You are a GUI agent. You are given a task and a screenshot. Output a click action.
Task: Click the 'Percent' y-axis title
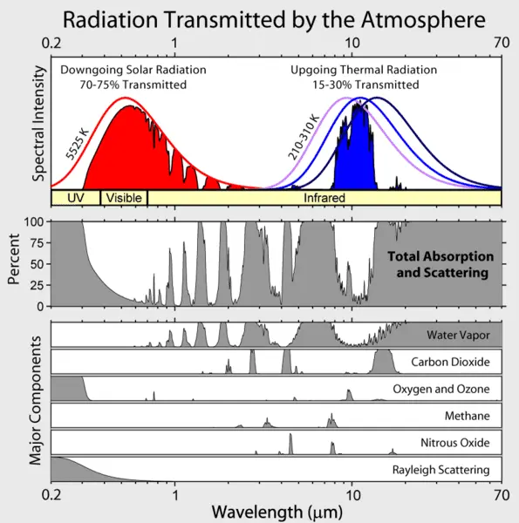click(x=14, y=263)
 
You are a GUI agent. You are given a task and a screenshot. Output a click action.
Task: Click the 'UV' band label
click(x=75, y=198)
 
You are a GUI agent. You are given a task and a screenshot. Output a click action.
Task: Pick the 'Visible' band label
click(x=123, y=198)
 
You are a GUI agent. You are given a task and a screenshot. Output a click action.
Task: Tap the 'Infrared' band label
click(x=324, y=198)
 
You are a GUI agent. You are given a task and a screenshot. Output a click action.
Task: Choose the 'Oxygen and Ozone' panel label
click(x=446, y=389)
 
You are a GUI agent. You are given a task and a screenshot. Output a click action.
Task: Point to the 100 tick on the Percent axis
click(x=36, y=222)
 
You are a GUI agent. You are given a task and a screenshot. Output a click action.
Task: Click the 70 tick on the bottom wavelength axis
click(x=501, y=493)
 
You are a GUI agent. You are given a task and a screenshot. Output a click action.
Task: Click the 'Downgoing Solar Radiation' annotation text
click(x=120, y=70)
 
